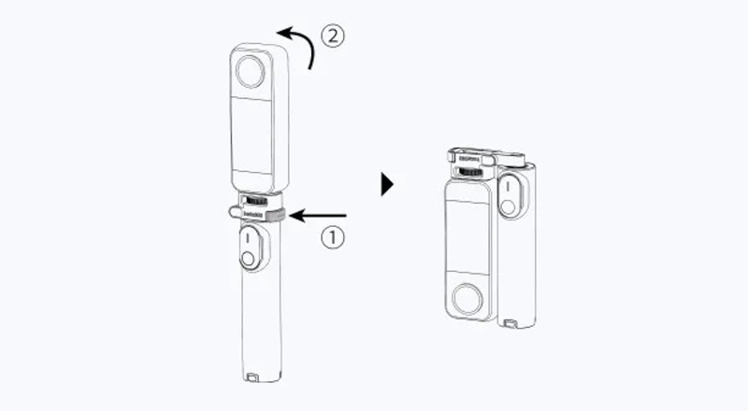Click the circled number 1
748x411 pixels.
click(x=334, y=237)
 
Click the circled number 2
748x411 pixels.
click(x=334, y=37)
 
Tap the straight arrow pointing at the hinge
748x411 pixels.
click(x=318, y=216)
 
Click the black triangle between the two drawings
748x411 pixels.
click(x=387, y=183)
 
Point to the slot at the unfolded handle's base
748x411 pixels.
click(x=257, y=377)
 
